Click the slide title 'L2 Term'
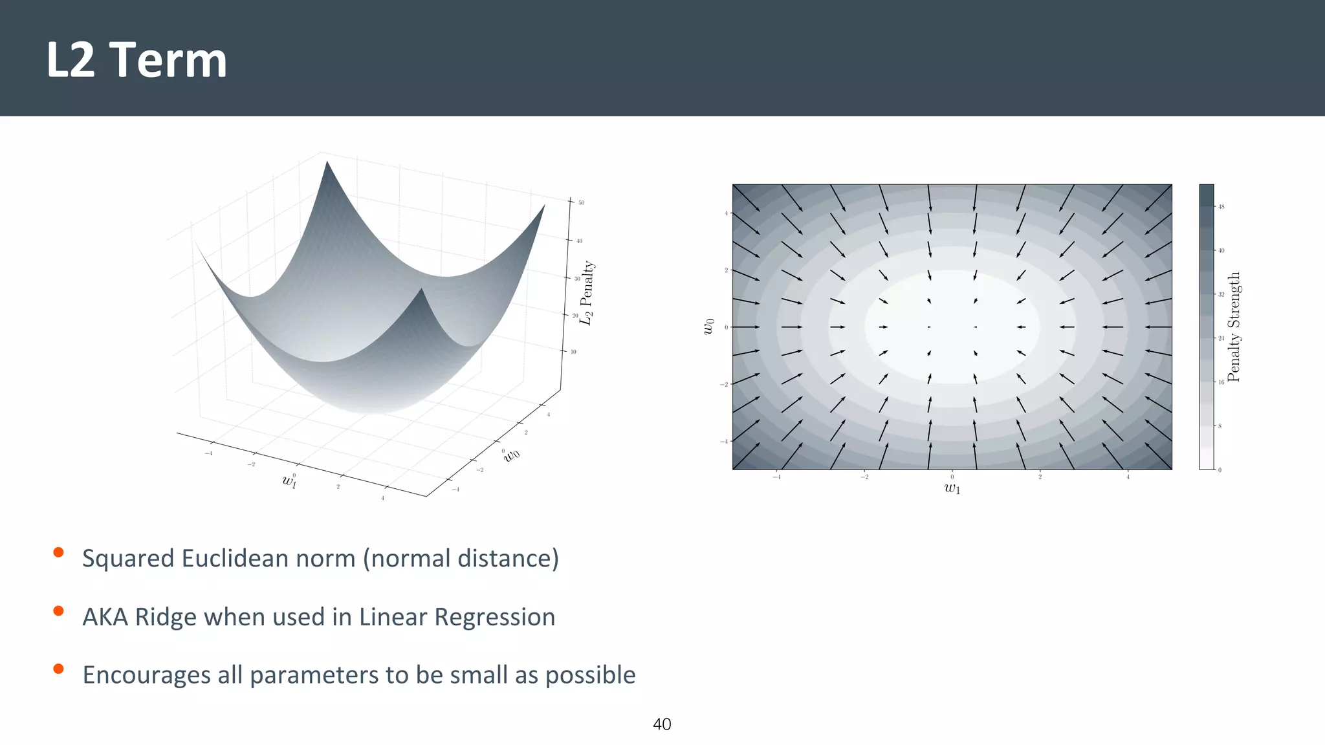137,60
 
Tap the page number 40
662,724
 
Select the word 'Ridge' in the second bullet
166,617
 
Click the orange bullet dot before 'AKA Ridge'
58,610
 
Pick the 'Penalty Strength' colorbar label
1234,327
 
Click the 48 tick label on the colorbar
1221,207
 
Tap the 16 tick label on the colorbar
1221,382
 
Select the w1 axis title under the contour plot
952,488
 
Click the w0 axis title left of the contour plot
709,327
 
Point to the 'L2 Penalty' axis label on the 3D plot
586,293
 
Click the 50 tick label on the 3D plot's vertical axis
582,202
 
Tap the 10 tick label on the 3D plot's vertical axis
573,352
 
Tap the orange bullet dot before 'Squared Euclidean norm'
58,552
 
